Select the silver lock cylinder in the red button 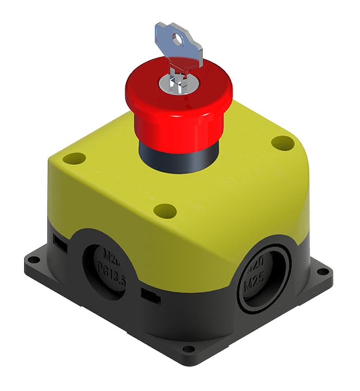click(x=177, y=85)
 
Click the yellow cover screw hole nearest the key click(x=281, y=143)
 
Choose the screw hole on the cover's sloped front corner click(x=165, y=209)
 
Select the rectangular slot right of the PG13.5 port click(x=150, y=295)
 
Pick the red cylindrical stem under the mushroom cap click(x=175, y=126)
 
